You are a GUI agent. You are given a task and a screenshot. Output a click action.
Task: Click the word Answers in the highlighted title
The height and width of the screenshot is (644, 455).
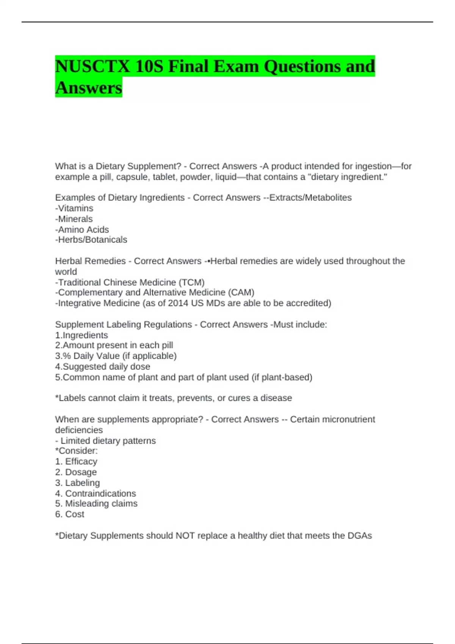89,88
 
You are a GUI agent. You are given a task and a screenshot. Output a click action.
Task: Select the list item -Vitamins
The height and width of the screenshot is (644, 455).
74,208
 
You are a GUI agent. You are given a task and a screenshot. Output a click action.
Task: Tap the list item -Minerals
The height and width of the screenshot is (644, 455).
74,219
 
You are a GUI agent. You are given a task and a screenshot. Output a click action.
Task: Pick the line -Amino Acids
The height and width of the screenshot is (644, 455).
82,230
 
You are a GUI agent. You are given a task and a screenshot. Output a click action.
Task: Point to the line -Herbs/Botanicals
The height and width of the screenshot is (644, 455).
91,240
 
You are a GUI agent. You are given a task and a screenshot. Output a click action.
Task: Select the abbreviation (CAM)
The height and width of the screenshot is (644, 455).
241,292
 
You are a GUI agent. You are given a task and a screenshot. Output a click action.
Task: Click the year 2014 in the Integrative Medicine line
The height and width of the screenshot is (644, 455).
178,303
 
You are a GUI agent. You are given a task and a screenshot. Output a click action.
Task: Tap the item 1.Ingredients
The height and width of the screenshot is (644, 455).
82,335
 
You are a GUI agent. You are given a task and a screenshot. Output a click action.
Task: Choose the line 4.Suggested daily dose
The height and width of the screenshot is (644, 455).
102,367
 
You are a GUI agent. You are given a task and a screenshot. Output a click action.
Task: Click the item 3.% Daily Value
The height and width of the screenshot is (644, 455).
116,356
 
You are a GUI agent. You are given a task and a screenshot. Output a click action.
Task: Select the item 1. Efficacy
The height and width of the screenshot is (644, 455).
76,461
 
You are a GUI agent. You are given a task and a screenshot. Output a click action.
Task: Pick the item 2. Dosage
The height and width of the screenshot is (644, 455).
76,472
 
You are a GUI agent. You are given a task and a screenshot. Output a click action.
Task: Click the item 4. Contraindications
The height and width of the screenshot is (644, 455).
96,494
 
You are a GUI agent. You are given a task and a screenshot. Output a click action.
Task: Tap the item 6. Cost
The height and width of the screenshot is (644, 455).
70,514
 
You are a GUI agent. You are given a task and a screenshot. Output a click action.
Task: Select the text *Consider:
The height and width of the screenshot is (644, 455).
76,451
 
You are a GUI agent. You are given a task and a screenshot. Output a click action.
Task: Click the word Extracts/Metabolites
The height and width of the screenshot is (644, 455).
310,198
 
